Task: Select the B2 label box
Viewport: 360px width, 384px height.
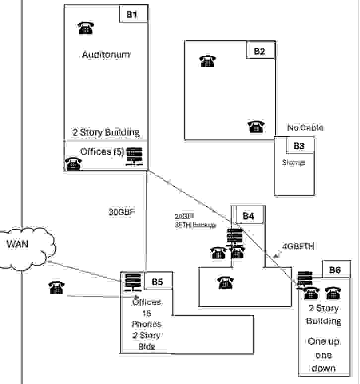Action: tap(260, 50)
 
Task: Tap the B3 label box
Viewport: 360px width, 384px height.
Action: tap(299, 146)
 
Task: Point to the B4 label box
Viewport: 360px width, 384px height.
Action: tap(248, 216)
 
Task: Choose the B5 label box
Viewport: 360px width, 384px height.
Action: tap(157, 281)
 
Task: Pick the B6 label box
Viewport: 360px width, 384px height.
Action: tap(335, 270)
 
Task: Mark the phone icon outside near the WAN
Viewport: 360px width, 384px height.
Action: tap(57, 287)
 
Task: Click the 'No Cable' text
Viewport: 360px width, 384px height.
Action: tap(305, 128)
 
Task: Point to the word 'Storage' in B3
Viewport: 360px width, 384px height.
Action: tap(294, 162)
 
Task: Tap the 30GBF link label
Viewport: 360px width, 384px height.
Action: tap(122, 212)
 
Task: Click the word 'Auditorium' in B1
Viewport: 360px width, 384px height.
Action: tap(106, 54)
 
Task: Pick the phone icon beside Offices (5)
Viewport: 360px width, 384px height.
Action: tap(73, 163)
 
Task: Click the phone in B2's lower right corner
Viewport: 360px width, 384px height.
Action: tap(256, 127)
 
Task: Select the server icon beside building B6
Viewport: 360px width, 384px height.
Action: tap(304, 277)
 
